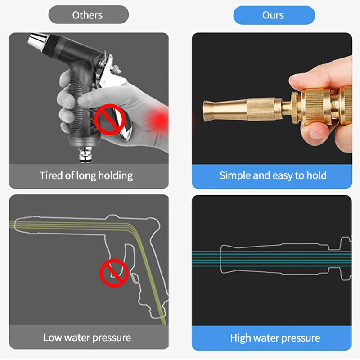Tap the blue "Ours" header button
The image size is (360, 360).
273,15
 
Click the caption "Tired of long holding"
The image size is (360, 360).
86,175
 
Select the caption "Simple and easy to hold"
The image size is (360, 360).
273,175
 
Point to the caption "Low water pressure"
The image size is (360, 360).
87,337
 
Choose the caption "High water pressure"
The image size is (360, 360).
275,338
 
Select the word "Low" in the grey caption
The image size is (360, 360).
53,337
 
